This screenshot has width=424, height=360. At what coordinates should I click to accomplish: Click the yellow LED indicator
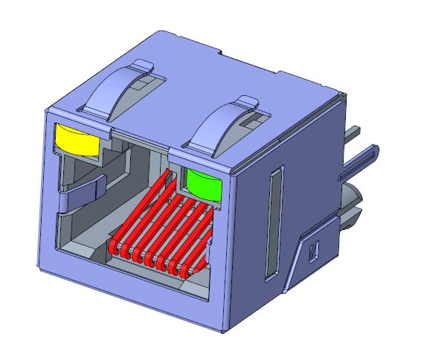click(x=77, y=141)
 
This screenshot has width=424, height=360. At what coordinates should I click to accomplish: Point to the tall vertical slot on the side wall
click(x=274, y=224)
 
